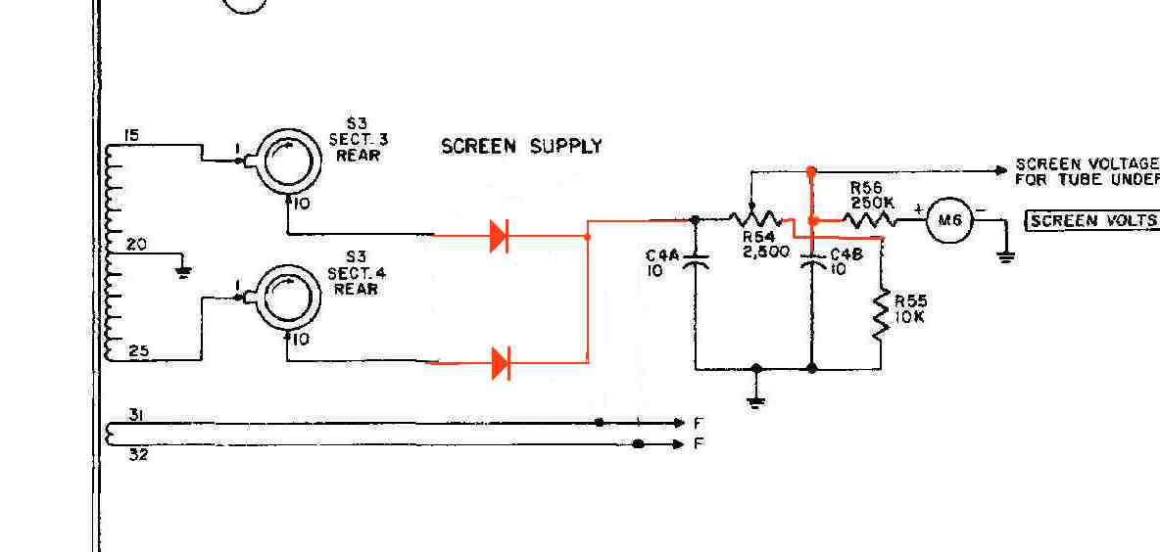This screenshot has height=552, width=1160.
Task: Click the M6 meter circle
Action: pos(948,221)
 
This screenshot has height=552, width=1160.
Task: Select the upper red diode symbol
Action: pos(499,236)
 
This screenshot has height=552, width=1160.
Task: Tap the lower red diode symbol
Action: pos(500,363)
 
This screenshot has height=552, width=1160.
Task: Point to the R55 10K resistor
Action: pos(881,314)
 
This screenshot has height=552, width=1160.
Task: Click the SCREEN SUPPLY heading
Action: pos(521,147)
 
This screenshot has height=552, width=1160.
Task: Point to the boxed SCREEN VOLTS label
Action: pos(1091,220)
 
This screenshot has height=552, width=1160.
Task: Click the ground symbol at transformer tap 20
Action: pos(182,271)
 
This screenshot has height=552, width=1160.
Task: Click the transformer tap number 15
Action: pos(132,134)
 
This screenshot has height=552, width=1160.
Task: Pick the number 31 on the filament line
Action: pos(137,415)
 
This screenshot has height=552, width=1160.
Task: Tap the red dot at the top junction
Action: pos(811,171)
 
